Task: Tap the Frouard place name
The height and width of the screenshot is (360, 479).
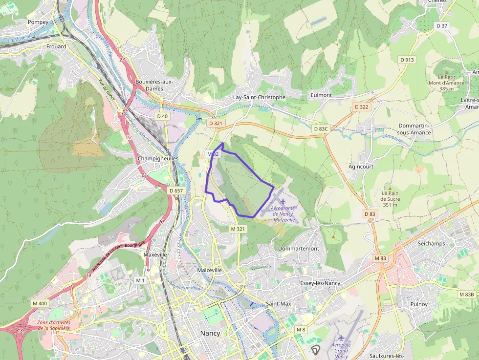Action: [x=56, y=46]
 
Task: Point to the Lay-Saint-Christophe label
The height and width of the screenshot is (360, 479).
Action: [x=259, y=97]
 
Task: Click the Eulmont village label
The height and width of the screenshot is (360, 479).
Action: [x=321, y=95]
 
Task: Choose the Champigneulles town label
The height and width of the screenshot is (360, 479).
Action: [x=158, y=159]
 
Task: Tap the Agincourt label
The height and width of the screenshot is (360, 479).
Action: [x=361, y=166]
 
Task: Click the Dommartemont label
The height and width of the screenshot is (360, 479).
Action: [x=298, y=248]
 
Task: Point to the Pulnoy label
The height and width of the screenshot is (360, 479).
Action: [x=419, y=304]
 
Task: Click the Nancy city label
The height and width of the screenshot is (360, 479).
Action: [x=210, y=333]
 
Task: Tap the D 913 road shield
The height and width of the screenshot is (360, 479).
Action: [x=407, y=60]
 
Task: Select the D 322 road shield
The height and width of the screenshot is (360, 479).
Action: [x=361, y=106]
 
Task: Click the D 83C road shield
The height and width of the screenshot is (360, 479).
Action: [x=321, y=128]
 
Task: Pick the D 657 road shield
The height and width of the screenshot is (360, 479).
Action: [x=176, y=190]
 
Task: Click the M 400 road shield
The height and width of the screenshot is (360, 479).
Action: [x=40, y=303]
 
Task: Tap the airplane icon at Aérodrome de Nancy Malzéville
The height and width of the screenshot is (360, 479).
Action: [x=283, y=201]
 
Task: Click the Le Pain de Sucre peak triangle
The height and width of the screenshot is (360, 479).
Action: [x=390, y=188]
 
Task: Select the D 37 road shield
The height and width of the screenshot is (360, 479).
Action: [x=442, y=25]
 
